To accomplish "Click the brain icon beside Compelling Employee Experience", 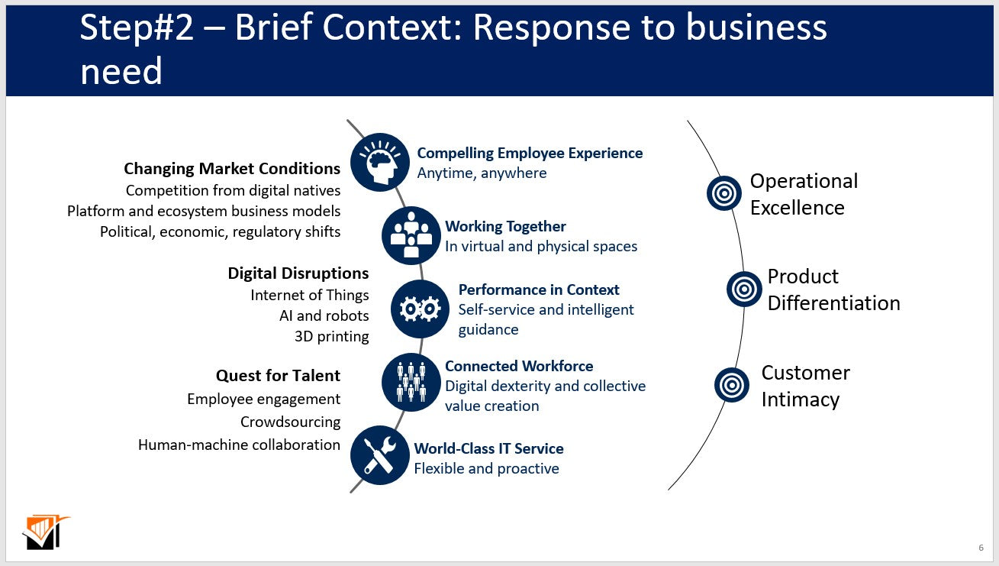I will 379,162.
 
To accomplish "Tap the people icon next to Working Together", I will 411,235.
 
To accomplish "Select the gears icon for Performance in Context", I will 420,309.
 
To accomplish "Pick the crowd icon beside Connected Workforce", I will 411,382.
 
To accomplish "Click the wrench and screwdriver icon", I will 379,455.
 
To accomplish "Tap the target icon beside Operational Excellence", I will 723,193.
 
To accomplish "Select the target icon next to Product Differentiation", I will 744,289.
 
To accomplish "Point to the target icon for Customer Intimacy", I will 732,385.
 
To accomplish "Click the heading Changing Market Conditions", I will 232,168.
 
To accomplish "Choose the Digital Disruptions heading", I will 298,273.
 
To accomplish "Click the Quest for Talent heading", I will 278,375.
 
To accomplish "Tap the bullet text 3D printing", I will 331,336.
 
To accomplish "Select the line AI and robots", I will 324,315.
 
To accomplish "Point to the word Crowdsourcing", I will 290,422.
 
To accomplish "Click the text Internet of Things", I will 309,295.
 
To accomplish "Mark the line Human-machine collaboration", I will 239,445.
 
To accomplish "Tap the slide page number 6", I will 981,548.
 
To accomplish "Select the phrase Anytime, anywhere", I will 482,173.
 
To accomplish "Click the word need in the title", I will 121,71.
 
